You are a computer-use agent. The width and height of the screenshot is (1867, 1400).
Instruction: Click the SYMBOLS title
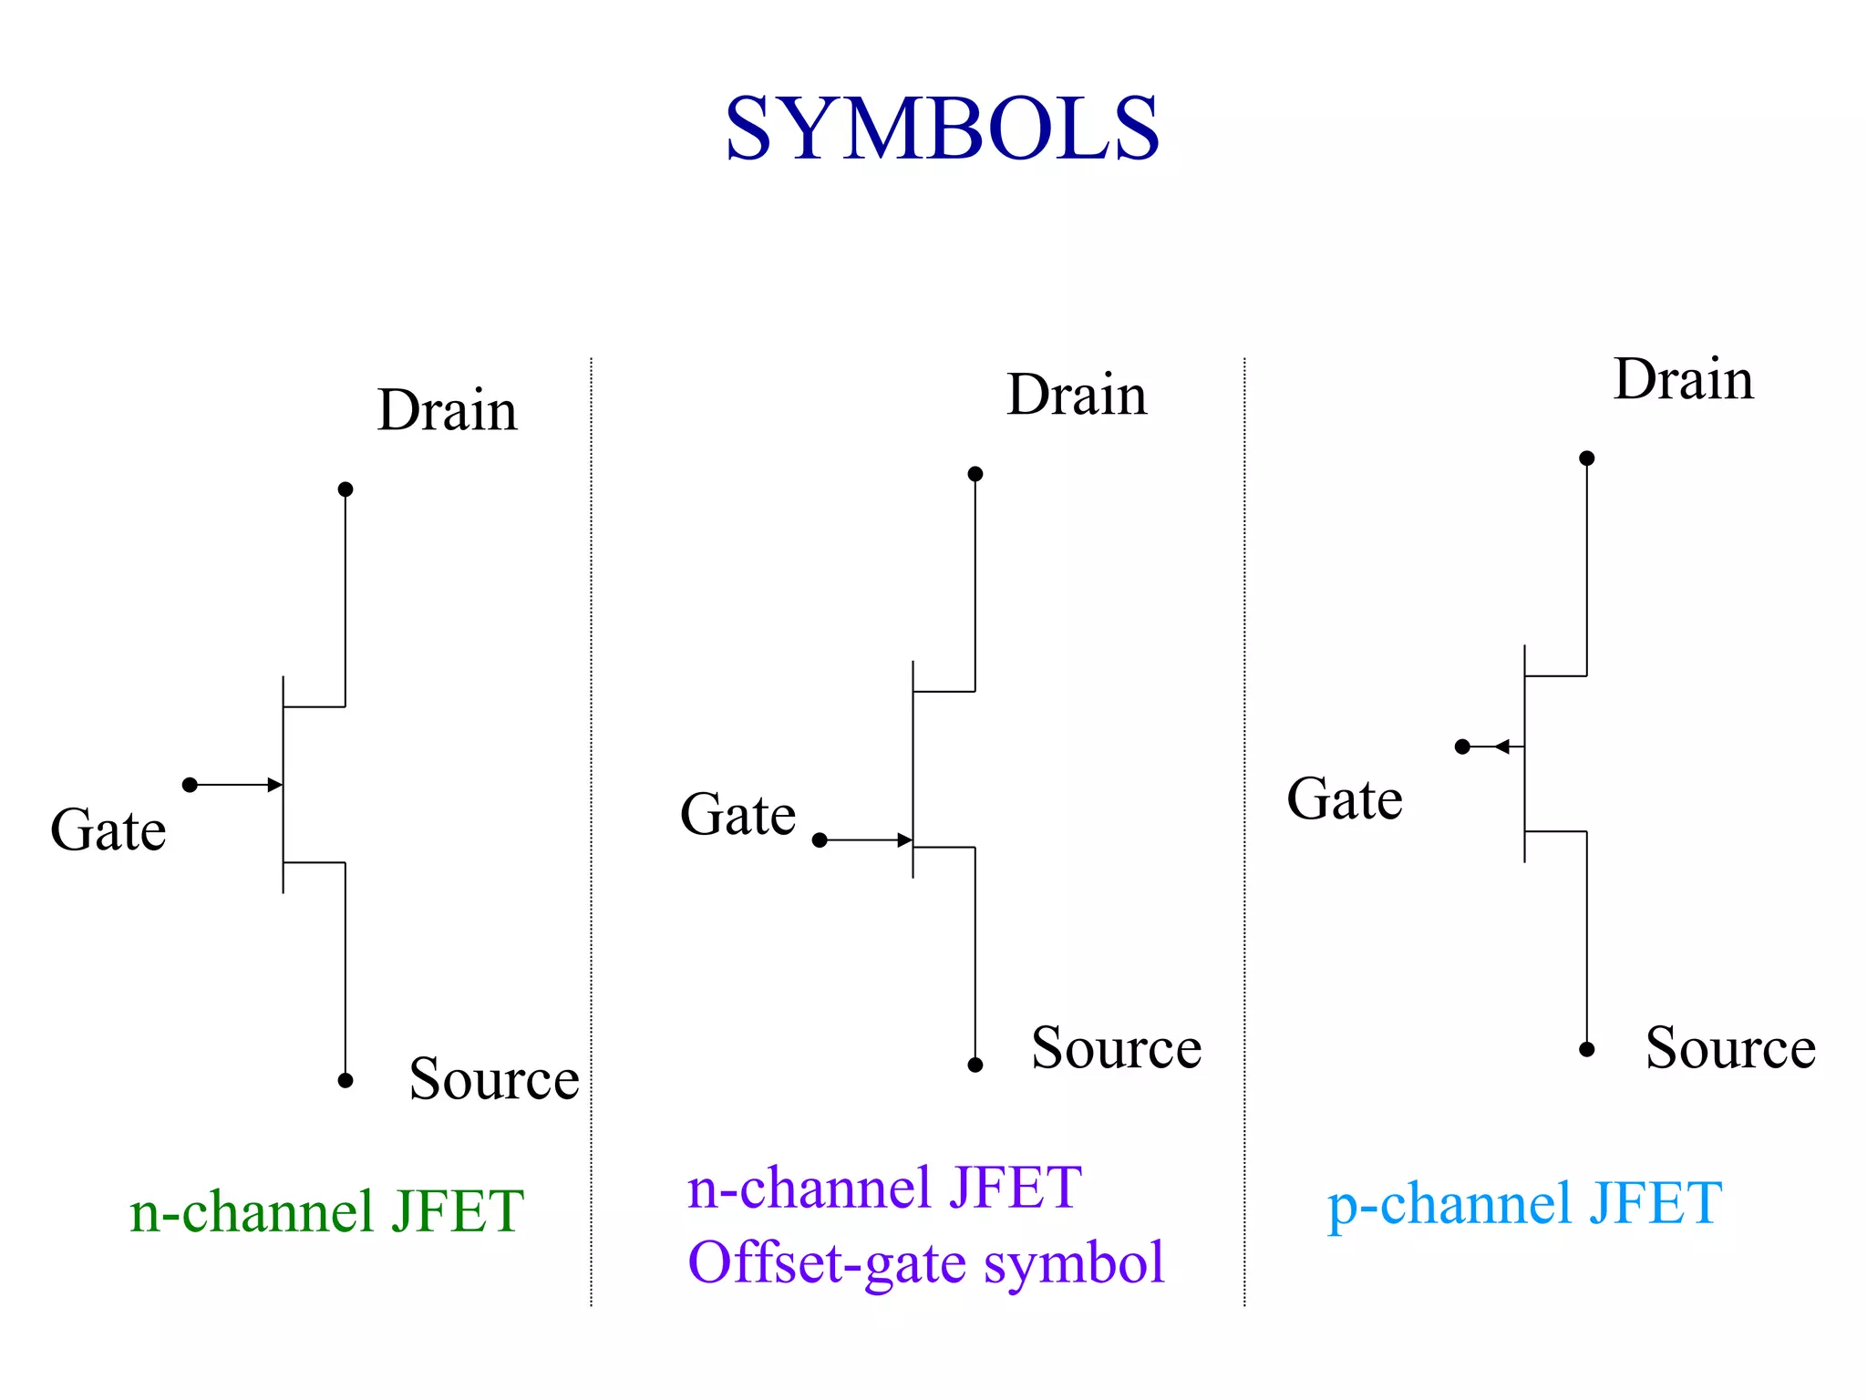tap(941, 129)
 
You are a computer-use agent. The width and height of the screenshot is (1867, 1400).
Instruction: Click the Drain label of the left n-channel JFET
tap(447, 410)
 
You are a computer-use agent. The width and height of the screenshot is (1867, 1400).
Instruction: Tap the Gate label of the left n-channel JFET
tap(108, 830)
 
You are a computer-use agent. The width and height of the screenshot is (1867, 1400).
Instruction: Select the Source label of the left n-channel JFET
tap(493, 1079)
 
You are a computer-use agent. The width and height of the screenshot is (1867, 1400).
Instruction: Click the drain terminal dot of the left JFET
tap(346, 489)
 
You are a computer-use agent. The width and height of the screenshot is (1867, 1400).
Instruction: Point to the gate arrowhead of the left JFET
tap(274, 785)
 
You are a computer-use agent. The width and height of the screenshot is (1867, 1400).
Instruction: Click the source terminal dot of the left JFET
tap(346, 1080)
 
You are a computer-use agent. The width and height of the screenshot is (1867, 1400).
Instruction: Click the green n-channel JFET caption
tap(326, 1212)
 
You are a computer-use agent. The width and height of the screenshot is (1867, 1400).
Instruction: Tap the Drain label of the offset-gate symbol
tap(1077, 396)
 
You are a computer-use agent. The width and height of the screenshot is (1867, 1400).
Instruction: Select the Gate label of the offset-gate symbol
tap(738, 815)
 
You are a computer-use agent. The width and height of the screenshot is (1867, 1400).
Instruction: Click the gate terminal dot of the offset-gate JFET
tap(820, 840)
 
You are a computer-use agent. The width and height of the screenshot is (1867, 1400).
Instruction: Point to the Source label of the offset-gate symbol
tap(1116, 1048)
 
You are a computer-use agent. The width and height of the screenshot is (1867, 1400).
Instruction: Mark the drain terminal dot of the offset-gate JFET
tap(975, 474)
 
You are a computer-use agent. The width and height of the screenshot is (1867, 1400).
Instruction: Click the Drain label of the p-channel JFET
tap(1683, 379)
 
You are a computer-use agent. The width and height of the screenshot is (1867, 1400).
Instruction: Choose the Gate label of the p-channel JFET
tap(1345, 799)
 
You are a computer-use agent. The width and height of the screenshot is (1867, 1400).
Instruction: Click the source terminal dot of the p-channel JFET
tap(1587, 1049)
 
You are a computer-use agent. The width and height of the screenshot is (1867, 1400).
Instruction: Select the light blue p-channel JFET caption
tap(1524, 1204)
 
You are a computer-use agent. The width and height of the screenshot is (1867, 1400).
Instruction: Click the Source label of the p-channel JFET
tap(1729, 1048)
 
